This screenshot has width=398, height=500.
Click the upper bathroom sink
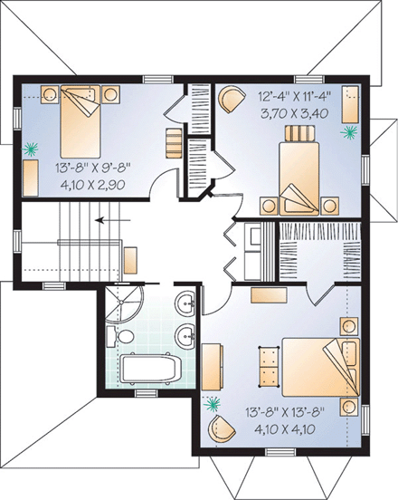coord(186,302)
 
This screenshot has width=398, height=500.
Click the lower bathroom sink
coord(186,335)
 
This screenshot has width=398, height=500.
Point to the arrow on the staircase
coord(110,218)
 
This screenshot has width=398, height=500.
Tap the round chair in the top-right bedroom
coord(232,96)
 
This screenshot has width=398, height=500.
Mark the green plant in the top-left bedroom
coord(34,147)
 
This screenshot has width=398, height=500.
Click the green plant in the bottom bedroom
coord(213,402)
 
